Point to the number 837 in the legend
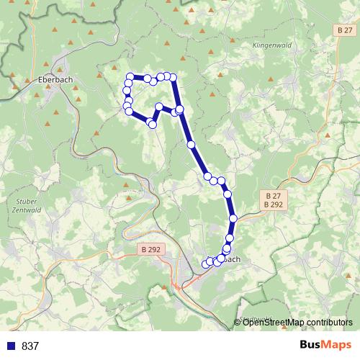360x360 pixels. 30,346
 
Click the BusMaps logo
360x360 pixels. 325,346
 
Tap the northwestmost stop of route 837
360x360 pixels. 130,77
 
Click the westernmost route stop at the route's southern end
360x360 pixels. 205,264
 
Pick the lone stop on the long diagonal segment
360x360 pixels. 191,144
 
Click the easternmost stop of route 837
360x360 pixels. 233,218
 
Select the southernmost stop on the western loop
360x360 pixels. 152,125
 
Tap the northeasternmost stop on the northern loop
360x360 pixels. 173,77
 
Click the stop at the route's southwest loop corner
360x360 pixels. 128,111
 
